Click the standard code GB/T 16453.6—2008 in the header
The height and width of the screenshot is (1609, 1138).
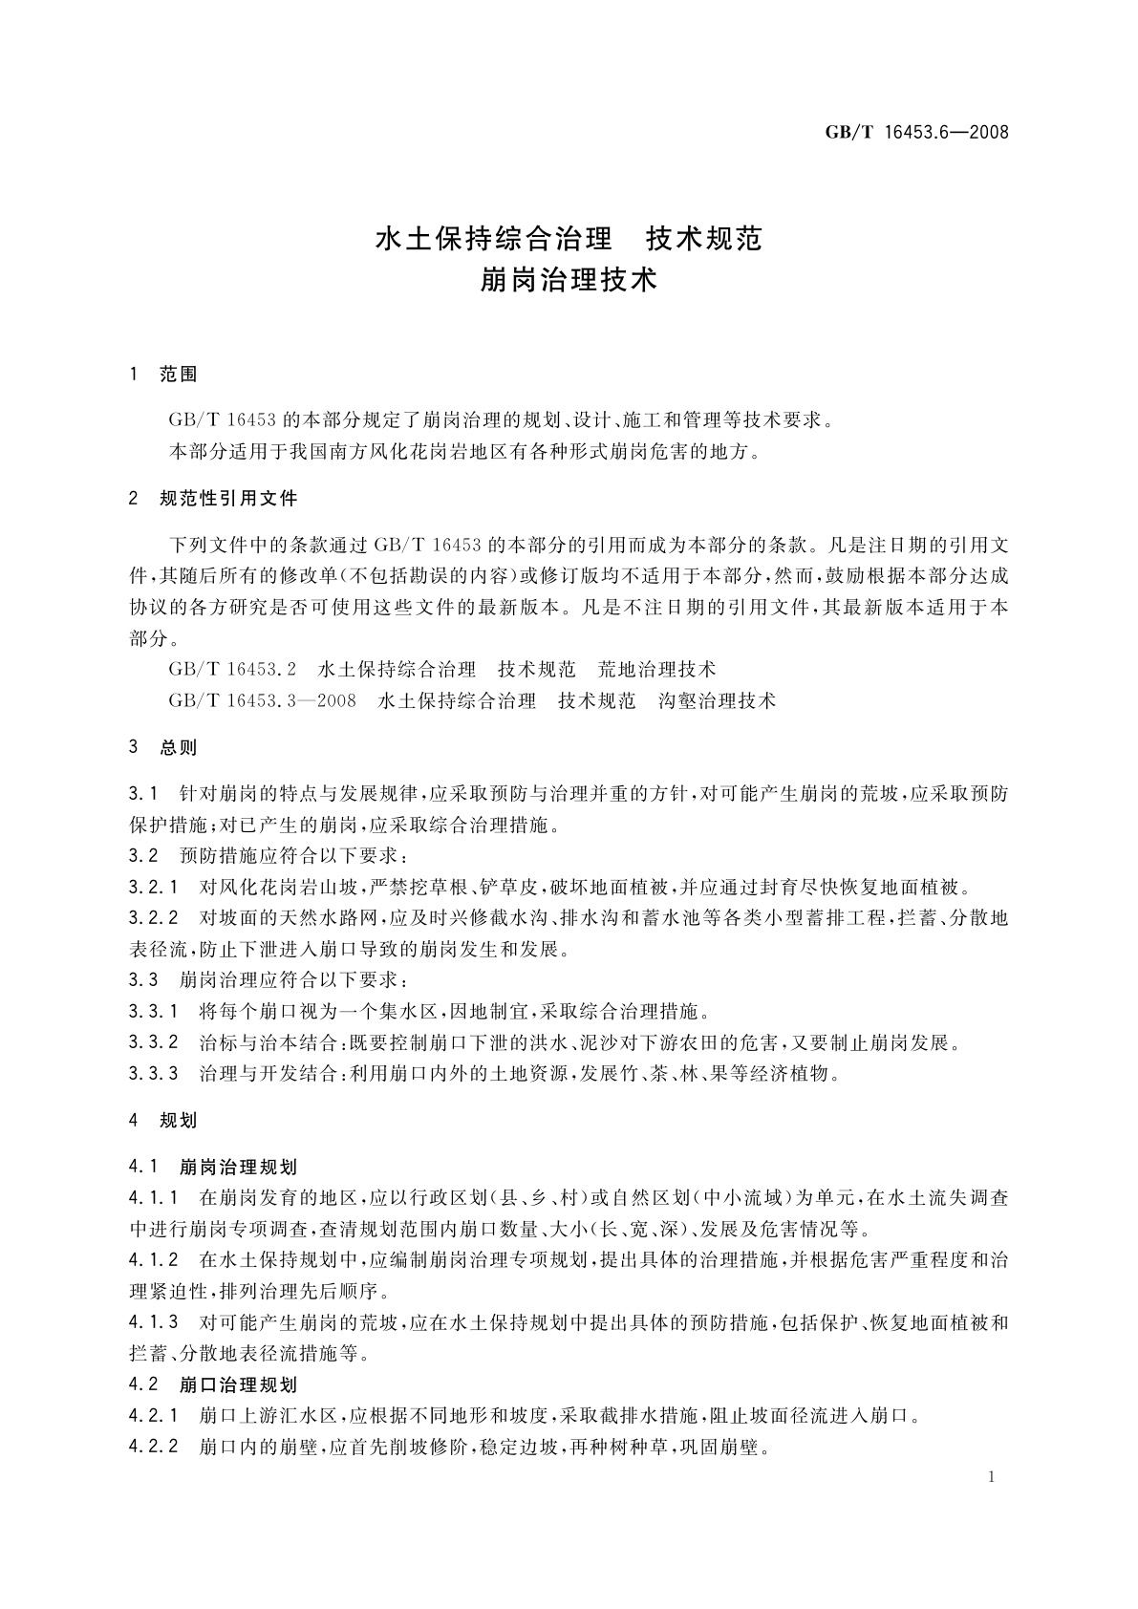[x=916, y=132]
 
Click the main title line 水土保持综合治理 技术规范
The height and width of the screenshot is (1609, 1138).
[x=569, y=238]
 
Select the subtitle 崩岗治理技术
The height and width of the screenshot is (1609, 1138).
[x=569, y=282]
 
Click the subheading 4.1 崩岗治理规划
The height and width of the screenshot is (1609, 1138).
[x=213, y=1167]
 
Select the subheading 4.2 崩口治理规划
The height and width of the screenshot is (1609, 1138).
[x=213, y=1384]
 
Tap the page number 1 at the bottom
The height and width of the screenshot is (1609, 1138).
[x=992, y=1477]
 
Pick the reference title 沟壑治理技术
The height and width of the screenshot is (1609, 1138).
[x=718, y=700]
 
